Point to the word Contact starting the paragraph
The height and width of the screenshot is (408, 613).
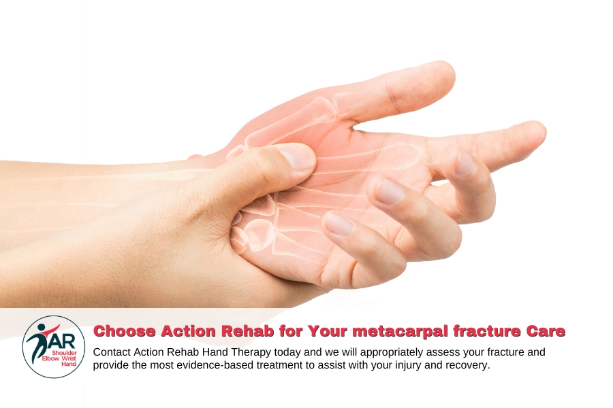tap(112, 352)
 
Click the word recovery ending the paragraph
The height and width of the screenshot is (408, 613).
tap(468, 365)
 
